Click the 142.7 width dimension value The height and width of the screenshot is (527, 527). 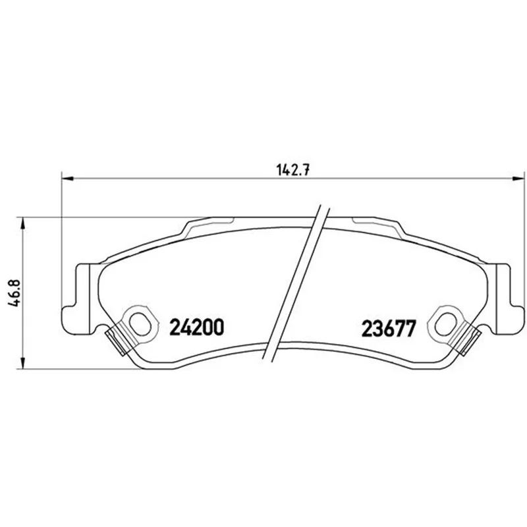[x=292, y=171]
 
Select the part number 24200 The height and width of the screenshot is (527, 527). [x=196, y=327]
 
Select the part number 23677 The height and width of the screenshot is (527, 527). [x=389, y=328]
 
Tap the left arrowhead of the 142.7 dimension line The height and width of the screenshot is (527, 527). [x=67, y=179]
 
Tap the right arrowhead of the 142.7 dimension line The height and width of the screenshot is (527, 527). [x=518, y=179]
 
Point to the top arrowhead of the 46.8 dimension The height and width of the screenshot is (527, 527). [x=22, y=223]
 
